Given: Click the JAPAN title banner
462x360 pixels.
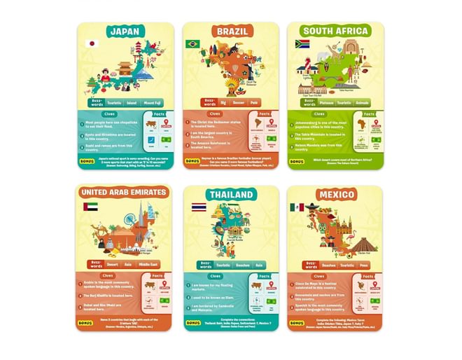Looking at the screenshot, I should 126,32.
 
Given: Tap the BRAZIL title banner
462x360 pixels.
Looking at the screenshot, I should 231,32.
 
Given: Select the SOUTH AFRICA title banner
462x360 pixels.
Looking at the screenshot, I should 337,32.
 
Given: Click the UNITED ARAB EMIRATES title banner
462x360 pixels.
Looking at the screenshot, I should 123,192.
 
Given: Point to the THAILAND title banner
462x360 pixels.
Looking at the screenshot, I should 231,194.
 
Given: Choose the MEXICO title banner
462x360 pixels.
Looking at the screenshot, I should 336,194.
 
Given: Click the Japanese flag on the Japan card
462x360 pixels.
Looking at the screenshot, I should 90,43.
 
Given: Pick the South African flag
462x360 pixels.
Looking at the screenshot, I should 302,43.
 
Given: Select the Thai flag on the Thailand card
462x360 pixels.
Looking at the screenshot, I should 199,207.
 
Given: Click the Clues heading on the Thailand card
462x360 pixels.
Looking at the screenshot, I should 211,276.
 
